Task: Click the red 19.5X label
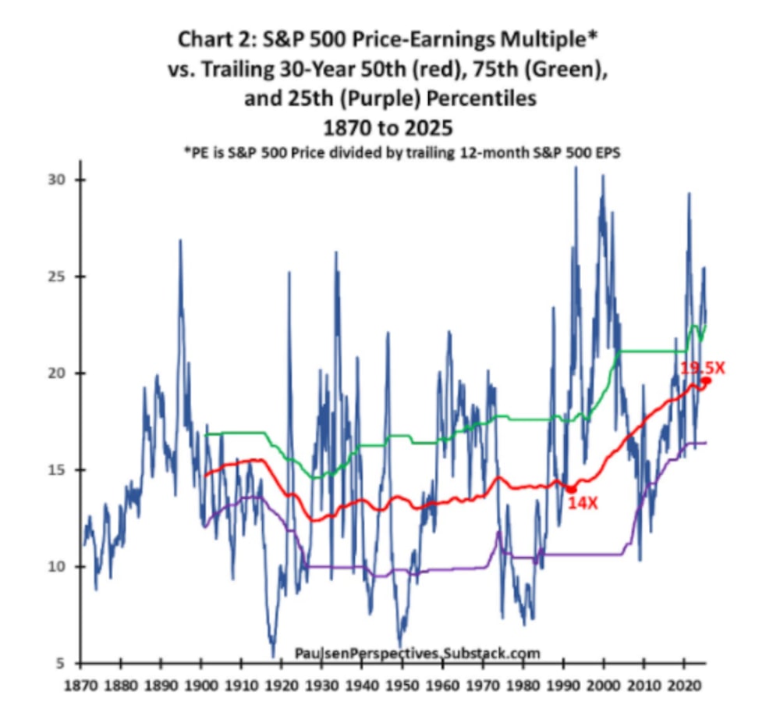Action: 702,366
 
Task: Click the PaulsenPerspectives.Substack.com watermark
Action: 417,653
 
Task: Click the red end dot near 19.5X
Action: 707,381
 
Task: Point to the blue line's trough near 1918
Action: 273,654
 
